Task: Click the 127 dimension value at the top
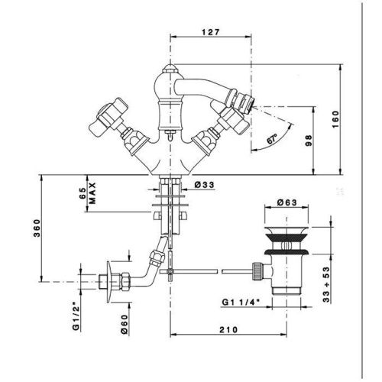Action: point(210,32)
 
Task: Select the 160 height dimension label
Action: point(336,119)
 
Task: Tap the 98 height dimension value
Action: point(309,141)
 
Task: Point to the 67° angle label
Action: point(272,139)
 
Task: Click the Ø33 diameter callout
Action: point(205,185)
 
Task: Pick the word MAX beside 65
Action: point(92,193)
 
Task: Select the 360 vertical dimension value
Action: point(37,228)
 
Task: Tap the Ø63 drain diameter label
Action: point(286,202)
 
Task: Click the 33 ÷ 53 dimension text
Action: point(326,284)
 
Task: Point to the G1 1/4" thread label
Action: point(241,302)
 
